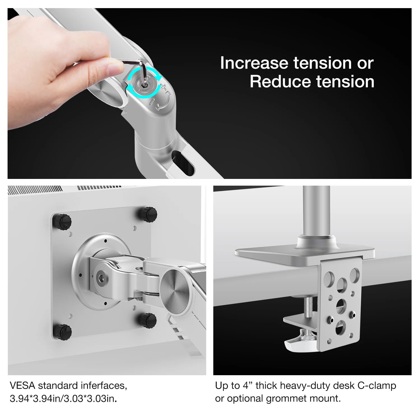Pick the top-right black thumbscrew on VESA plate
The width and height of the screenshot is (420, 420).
(147, 214)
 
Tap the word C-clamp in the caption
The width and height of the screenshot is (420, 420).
(377, 386)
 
